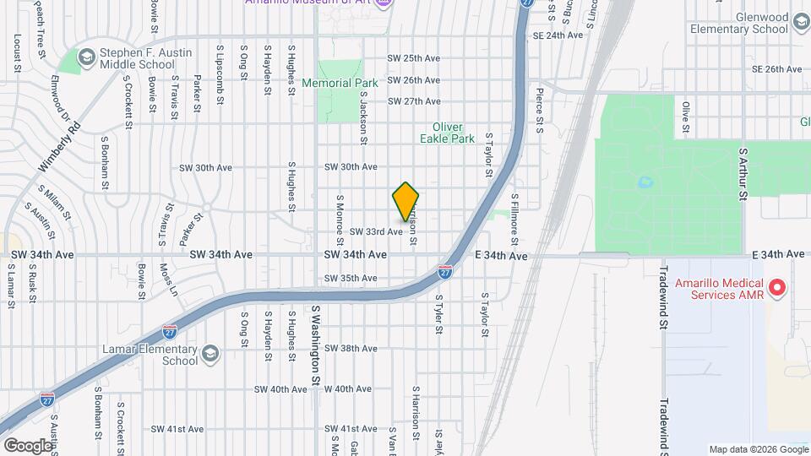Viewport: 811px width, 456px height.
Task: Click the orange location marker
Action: tap(405, 201)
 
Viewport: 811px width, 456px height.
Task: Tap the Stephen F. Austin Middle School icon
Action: tap(85, 57)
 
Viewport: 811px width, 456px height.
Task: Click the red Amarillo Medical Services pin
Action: tap(779, 289)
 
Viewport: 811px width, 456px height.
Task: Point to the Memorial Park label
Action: tap(340, 84)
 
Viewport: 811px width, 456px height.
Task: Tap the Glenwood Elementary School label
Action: tap(738, 22)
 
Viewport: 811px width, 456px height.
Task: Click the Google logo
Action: tap(27, 445)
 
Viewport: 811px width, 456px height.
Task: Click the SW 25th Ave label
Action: tap(414, 58)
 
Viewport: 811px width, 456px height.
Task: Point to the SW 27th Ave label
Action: tap(414, 101)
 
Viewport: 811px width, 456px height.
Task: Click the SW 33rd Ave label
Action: tap(375, 231)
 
